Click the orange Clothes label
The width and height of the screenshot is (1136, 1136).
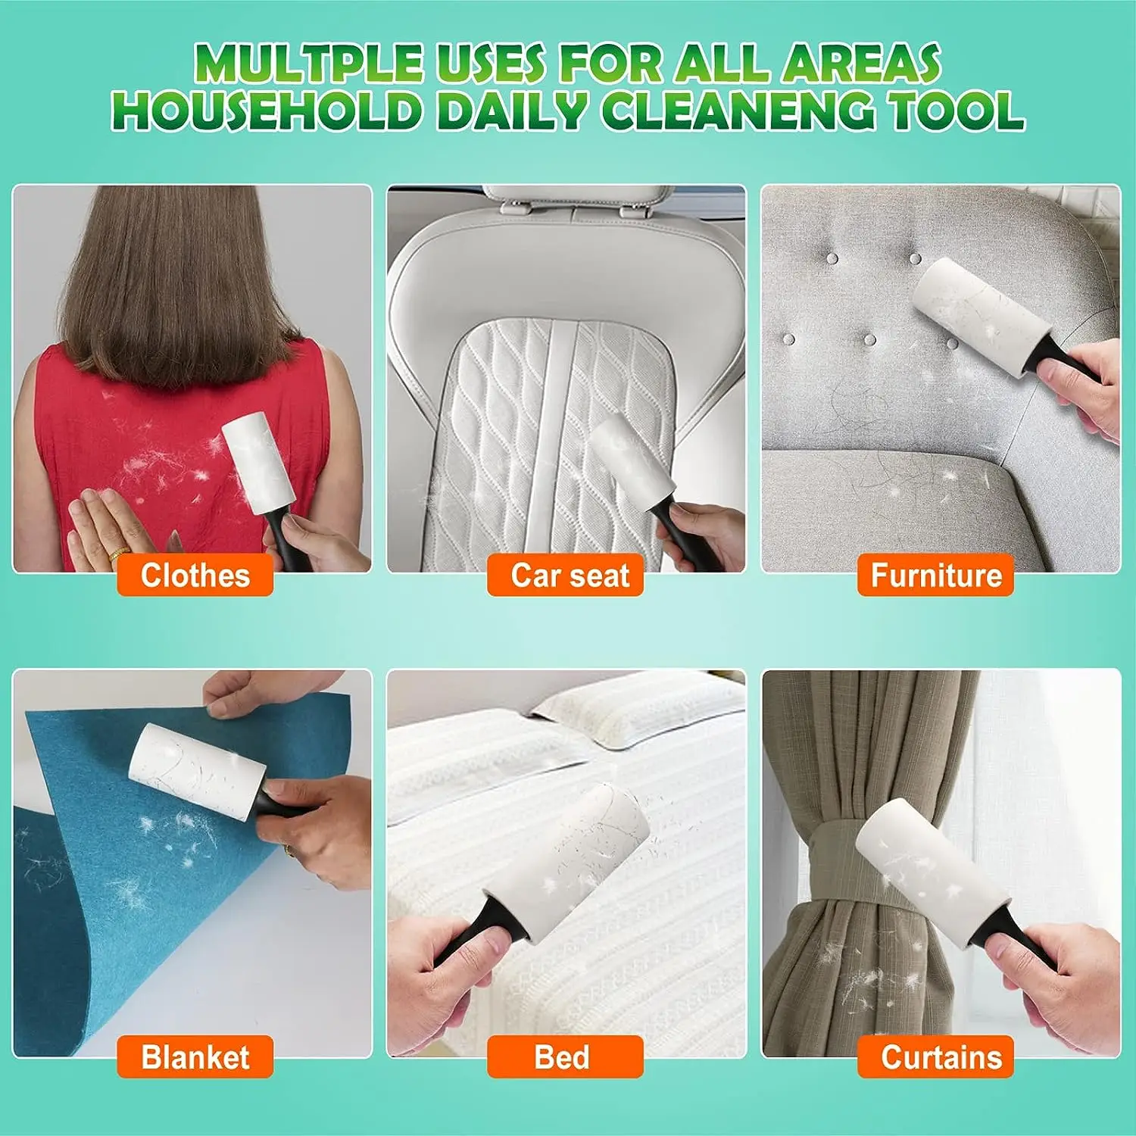click(x=195, y=576)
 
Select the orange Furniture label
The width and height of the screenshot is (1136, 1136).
click(x=936, y=576)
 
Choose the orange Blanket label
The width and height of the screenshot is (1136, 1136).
click(x=195, y=1057)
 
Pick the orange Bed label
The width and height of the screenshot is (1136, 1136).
click(x=564, y=1057)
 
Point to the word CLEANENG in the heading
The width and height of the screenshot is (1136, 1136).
click(x=737, y=111)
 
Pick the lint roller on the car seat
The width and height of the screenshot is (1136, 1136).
click(x=629, y=462)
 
